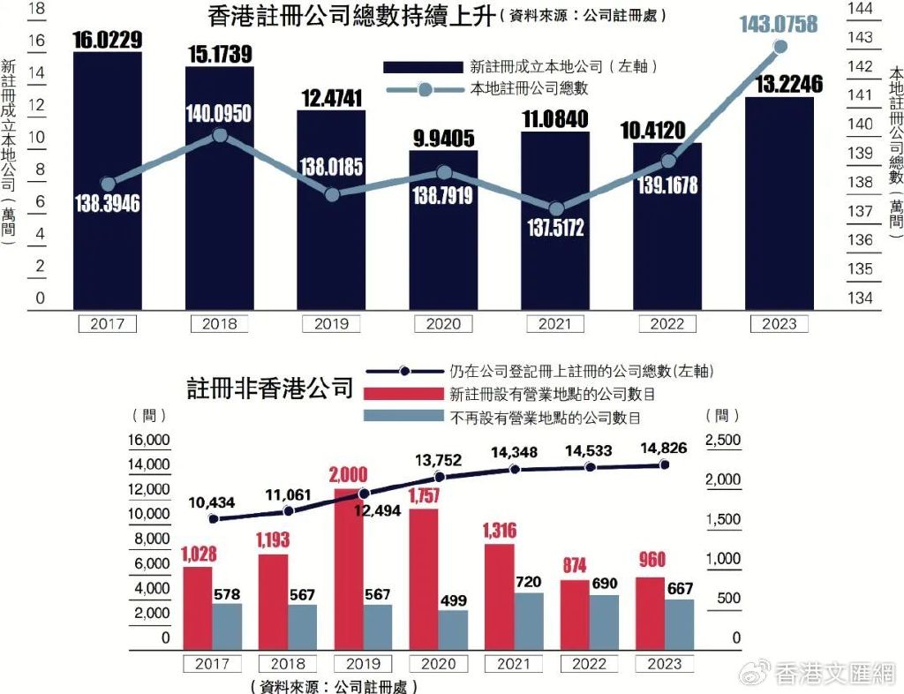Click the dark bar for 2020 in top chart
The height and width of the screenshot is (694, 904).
coord(443,256)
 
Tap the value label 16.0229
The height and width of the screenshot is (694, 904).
coord(107,40)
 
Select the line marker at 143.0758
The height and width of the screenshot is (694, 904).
coord(780,47)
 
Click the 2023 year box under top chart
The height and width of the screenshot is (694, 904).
coord(780,324)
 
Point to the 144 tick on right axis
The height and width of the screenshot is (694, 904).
coord(860,8)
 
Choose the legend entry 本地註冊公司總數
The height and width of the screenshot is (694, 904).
coord(528,88)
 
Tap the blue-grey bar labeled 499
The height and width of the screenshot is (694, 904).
coord(453,630)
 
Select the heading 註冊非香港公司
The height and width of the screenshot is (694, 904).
coord(269,389)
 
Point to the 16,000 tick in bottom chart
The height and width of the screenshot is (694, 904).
coord(147,440)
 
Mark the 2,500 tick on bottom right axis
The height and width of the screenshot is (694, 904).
coord(723,440)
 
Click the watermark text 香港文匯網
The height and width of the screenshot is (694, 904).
coord(834,675)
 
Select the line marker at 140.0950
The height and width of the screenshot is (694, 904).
coord(221,135)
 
